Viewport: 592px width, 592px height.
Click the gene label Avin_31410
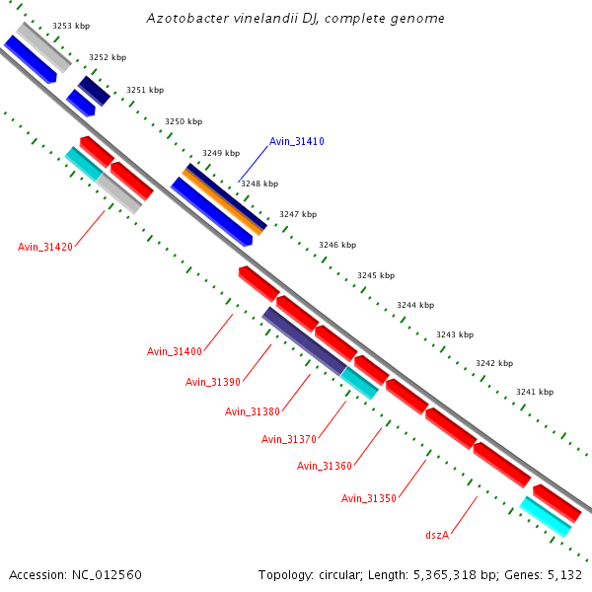pyautogui.click(x=296, y=142)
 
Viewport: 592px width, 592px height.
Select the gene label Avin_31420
pyautogui.click(x=44, y=247)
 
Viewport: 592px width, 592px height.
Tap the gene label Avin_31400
pyautogui.click(x=174, y=351)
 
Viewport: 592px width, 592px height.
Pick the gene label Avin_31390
pyautogui.click(x=212, y=382)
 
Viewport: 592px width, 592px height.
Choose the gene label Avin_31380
pyautogui.click(x=252, y=411)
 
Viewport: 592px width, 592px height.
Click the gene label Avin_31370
pyautogui.click(x=288, y=439)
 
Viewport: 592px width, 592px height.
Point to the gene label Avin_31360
pyautogui.click(x=324, y=466)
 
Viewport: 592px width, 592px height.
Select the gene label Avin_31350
pyautogui.click(x=368, y=498)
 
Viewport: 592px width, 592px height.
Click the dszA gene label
pyautogui.click(x=437, y=535)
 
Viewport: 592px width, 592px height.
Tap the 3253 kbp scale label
pyautogui.click(x=70, y=26)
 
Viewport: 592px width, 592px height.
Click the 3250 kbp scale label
pyautogui.click(x=183, y=121)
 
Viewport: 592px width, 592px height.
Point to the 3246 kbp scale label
pyautogui.click(x=336, y=245)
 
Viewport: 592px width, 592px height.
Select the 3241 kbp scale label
pyautogui.click(x=534, y=392)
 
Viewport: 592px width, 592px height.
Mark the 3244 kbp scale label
pyautogui.click(x=414, y=306)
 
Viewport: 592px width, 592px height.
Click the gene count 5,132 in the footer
pyautogui.click(x=563, y=574)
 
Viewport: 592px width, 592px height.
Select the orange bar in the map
pyautogui.click(x=223, y=200)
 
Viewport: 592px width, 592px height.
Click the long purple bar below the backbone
pyautogui.click(x=304, y=340)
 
